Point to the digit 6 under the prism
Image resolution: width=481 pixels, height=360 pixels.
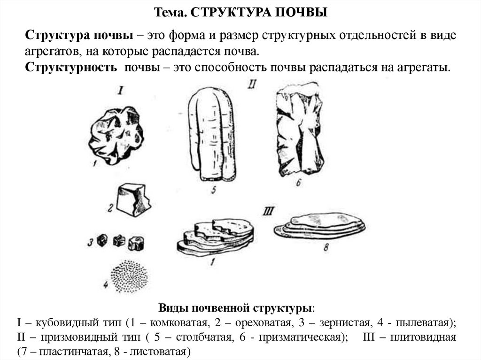pos(297,183)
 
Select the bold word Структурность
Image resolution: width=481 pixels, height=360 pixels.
pos(71,67)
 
